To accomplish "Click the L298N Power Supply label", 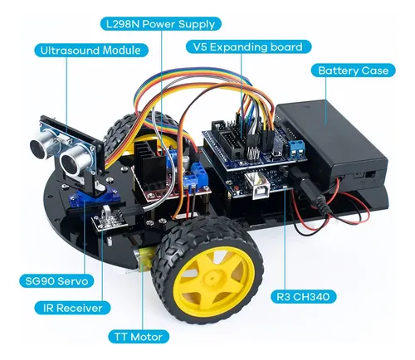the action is tap(160, 24).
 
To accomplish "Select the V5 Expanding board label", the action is tap(248, 46).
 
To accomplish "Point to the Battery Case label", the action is tap(354, 71).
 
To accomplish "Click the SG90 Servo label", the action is tap(56, 281).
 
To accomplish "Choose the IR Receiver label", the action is tap(72, 308).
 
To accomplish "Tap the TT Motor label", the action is tap(139, 337).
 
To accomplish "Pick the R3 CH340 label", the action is tap(303, 297).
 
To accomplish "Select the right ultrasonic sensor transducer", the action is tap(73, 161).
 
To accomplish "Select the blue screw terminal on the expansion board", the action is tap(296, 148).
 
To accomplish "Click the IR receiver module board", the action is tap(109, 218).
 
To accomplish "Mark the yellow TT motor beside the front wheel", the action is tap(143, 257).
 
